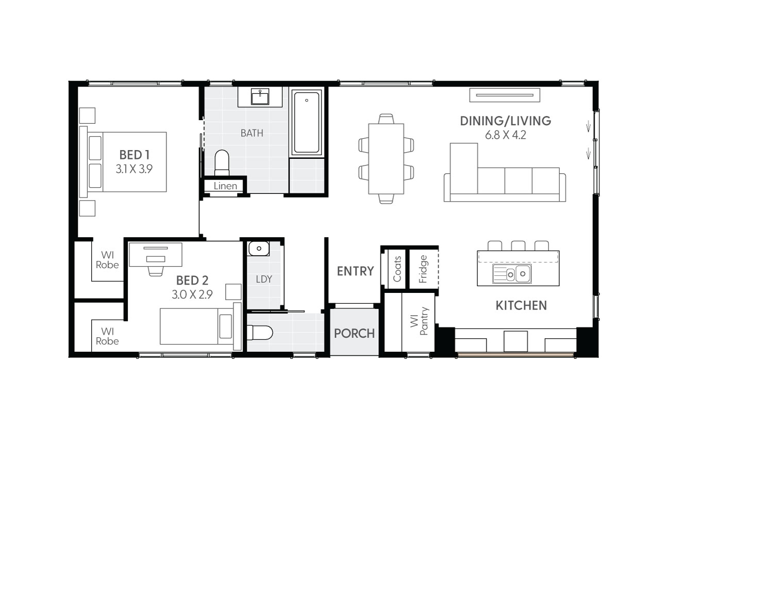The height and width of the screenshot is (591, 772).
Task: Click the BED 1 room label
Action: click(134, 155)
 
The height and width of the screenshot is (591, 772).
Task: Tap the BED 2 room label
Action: click(192, 281)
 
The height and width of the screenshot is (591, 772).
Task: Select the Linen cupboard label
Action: click(225, 186)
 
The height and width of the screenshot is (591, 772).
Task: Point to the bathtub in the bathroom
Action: click(307, 123)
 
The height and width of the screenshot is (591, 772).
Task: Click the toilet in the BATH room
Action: click(222, 162)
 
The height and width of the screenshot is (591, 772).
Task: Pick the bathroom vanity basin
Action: click(260, 96)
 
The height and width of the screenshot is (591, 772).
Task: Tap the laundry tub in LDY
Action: click(259, 249)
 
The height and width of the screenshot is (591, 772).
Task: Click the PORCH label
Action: click(354, 333)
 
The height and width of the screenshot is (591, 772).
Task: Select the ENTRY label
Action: click(355, 271)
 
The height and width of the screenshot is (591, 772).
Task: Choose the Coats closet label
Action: click(397, 269)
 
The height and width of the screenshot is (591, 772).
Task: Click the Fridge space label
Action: click(423, 269)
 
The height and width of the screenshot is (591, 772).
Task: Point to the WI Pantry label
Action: click(419, 321)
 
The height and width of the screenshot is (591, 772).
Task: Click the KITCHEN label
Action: click(521, 305)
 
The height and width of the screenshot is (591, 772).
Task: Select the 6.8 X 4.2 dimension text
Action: click(505, 135)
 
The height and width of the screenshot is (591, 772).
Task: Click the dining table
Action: click(386, 158)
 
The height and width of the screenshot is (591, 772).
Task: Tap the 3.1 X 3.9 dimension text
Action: click(134, 169)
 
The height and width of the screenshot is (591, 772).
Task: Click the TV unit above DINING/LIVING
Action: click(505, 95)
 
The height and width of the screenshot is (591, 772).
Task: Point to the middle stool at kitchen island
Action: click(518, 245)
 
